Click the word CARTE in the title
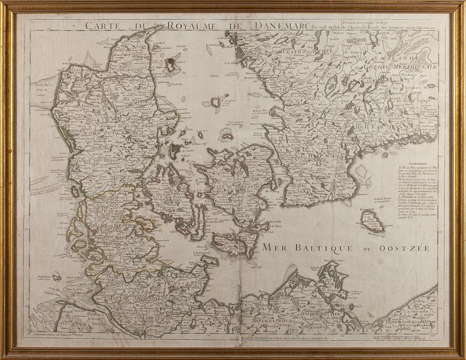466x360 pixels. [x=101, y=25]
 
